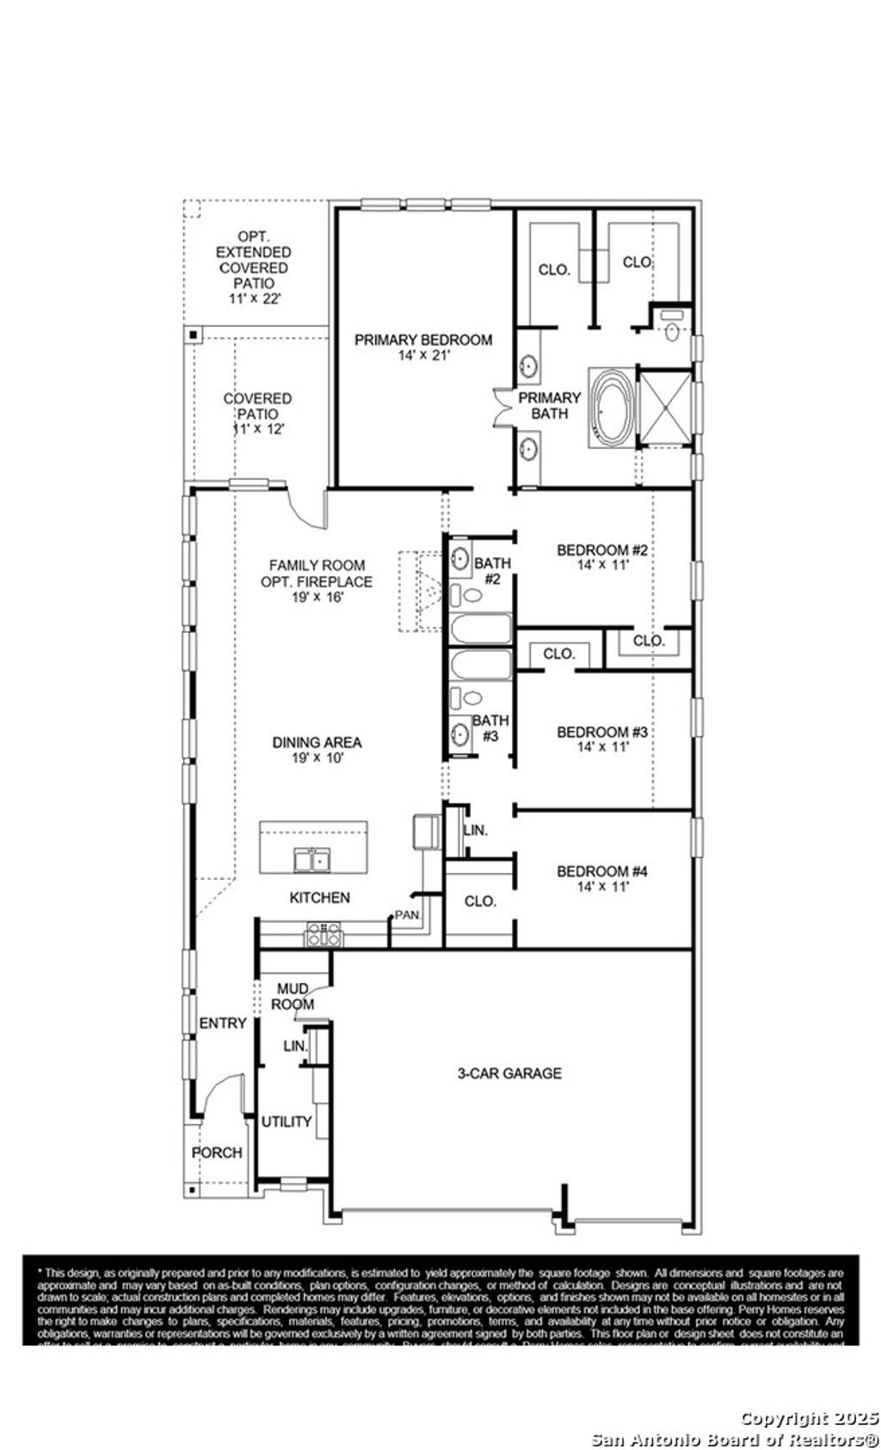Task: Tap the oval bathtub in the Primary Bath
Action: tap(610, 407)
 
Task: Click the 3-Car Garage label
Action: tap(509, 1072)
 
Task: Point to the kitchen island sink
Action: tap(311, 859)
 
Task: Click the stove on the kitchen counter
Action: tap(323, 934)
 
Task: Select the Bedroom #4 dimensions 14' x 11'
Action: tap(602, 886)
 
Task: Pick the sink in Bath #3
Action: tap(461, 734)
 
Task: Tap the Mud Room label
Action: tap(293, 996)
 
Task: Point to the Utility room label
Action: tap(286, 1121)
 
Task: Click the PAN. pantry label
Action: tap(407, 915)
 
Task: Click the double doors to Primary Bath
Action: tap(502, 406)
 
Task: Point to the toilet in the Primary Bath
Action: tap(672, 329)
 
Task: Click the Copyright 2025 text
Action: tap(809, 1418)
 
